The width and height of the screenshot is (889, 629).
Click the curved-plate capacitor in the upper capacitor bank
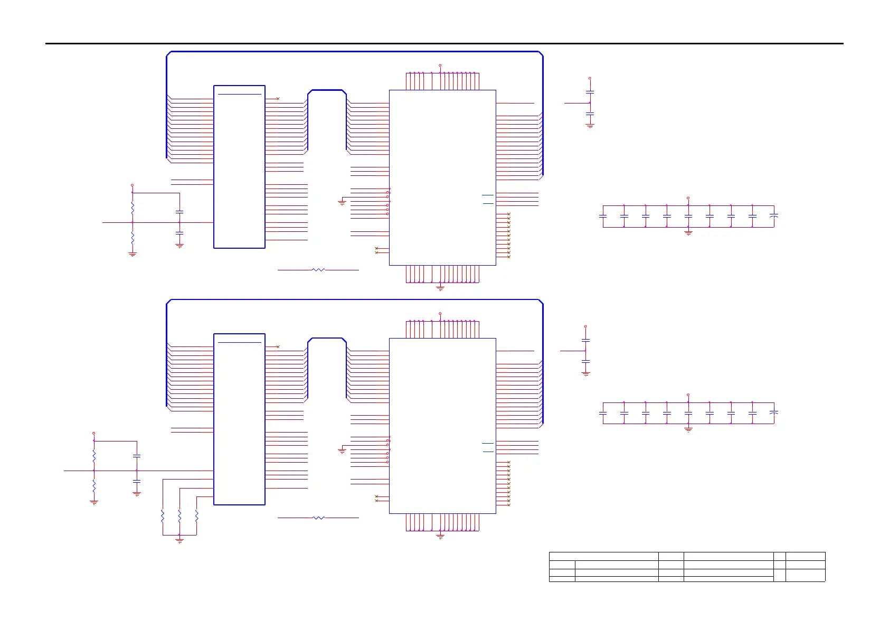pyautogui.click(x=774, y=216)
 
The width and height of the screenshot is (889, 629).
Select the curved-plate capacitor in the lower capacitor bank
pyautogui.click(x=774, y=412)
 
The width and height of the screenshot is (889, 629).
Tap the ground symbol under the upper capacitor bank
pyautogui.click(x=688, y=232)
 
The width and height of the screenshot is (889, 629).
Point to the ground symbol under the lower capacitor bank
pyautogui.click(x=688, y=429)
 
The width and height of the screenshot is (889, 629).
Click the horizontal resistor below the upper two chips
pyautogui.click(x=318, y=270)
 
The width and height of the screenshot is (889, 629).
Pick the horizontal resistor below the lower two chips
pyautogui.click(x=318, y=518)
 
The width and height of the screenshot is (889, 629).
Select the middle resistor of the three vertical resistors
pyautogui.click(x=179, y=515)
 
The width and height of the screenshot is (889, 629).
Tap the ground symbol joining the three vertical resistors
pyautogui.click(x=179, y=540)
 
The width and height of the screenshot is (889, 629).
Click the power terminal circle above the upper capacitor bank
pyautogui.click(x=688, y=198)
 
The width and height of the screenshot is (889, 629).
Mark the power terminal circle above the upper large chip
pyautogui.click(x=440, y=65)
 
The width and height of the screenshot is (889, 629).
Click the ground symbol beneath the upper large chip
pyautogui.click(x=440, y=288)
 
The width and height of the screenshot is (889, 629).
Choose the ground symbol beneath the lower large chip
pyautogui.click(x=440, y=537)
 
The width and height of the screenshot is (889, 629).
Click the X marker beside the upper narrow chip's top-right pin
pyautogui.click(x=278, y=99)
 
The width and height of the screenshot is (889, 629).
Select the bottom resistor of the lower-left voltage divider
pyautogui.click(x=94, y=485)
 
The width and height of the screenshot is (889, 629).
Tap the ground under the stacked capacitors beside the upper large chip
pyautogui.click(x=590, y=126)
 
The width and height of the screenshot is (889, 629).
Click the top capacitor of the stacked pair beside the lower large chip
pyautogui.click(x=585, y=340)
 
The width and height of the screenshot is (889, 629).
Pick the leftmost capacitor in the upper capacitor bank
pyautogui.click(x=603, y=216)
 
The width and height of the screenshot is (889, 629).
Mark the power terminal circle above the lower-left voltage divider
pyautogui.click(x=94, y=433)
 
